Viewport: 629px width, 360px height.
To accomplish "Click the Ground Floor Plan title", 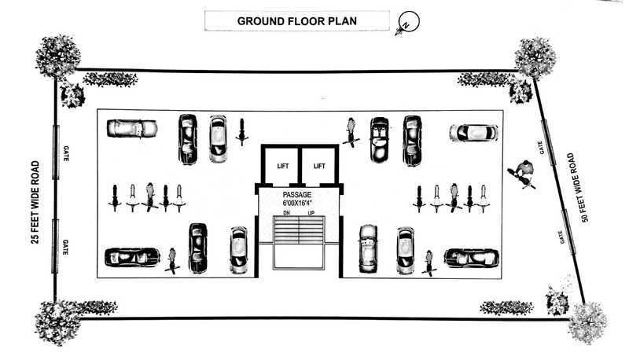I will pos(297,20).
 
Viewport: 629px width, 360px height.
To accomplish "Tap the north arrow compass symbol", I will pos(407,23).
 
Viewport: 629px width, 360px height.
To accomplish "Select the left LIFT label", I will pos(283,166).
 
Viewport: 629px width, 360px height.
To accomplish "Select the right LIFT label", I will pos(319,166).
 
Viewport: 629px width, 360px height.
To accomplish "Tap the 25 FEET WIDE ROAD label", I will pos(35,203).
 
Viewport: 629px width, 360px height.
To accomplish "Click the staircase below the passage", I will pos(298,233).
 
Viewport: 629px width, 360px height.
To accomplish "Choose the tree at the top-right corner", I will pos(536,57).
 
